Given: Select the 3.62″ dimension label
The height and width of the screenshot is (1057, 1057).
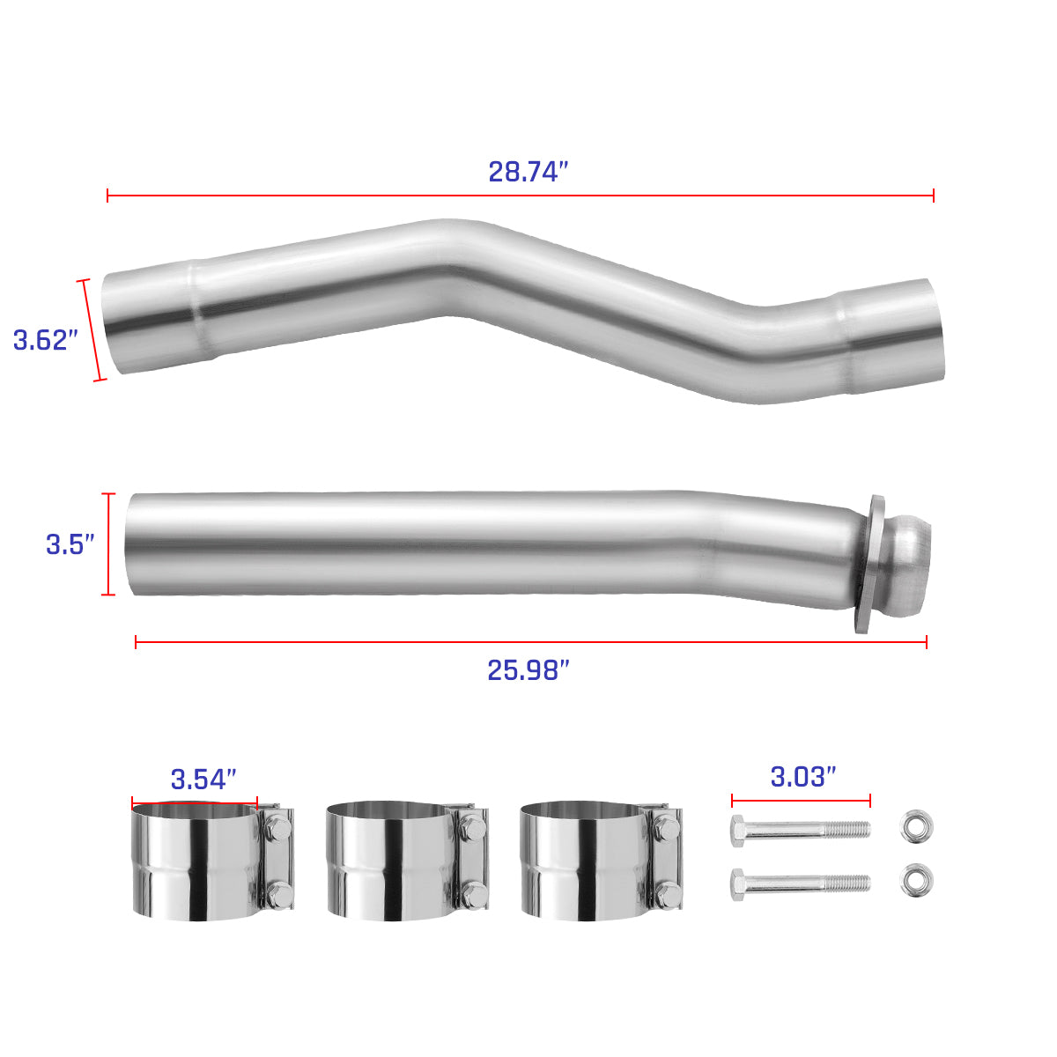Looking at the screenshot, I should coord(46,340).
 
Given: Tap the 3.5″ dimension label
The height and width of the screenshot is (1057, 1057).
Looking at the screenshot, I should coord(70,544).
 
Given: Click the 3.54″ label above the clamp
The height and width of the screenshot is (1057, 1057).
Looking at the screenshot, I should coord(203,779).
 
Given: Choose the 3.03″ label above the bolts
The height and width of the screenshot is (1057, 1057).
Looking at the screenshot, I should coord(802,777).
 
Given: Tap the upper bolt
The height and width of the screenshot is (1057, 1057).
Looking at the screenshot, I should coord(800,829).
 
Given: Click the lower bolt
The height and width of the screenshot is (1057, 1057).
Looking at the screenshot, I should coord(800,883).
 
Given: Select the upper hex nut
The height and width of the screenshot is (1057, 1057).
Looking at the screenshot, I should coord(916,826).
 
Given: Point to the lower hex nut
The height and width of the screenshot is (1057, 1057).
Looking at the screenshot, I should coord(916,881).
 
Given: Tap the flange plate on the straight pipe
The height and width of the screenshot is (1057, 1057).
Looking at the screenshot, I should coord(869,564).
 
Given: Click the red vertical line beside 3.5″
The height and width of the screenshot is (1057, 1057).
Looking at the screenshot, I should coord(108,544).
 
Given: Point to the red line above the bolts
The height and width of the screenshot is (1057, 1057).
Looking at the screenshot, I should coord(800,801).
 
